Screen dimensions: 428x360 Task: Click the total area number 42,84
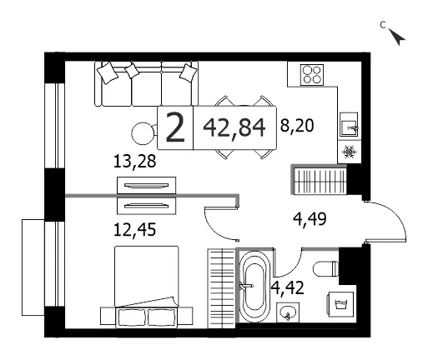tap(234, 128)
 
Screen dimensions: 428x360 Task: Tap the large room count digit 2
tap(175, 128)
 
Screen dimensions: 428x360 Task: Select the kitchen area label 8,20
tap(297, 126)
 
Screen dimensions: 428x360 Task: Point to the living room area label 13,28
tap(135, 162)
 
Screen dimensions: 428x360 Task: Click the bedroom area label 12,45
tap(135, 230)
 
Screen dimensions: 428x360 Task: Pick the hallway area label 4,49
tap(310, 219)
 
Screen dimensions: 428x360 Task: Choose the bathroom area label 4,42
tap(288, 287)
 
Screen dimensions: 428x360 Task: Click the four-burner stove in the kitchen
tap(312, 75)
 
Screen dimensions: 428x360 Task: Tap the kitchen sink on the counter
tap(349, 125)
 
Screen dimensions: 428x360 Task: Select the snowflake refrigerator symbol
tap(350, 152)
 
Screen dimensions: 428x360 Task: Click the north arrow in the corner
tap(397, 37)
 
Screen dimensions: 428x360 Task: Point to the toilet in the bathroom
tap(325, 268)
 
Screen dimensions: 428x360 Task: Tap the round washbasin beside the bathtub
tap(288, 312)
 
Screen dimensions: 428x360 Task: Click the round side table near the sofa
tap(143, 133)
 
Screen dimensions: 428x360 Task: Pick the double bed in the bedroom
tap(146, 286)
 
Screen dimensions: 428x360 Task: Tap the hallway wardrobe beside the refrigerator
tap(320, 179)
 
